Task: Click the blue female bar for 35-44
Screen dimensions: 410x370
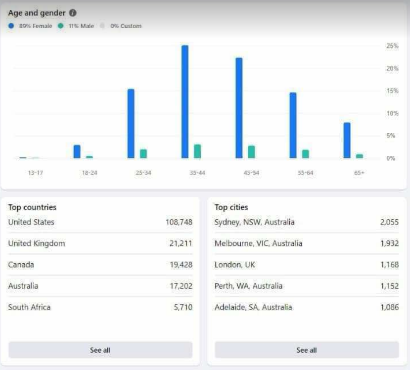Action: [x=185, y=102]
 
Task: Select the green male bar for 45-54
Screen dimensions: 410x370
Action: [x=252, y=152]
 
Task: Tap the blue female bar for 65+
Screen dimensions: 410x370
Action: [x=347, y=140]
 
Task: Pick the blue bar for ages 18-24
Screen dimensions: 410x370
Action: [x=77, y=151]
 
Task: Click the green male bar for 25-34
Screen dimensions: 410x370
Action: [x=143, y=154]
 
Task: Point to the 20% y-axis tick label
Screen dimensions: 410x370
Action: [x=392, y=68]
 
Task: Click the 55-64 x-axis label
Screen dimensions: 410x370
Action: [x=306, y=173]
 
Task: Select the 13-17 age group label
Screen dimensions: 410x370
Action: [x=36, y=173]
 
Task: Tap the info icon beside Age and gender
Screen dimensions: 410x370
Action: [x=73, y=13]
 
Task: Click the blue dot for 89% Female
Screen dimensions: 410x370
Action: [x=11, y=26]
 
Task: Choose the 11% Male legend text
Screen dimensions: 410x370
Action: [x=81, y=26]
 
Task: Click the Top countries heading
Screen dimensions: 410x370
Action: [x=32, y=207]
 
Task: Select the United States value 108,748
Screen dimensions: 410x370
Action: [x=179, y=222]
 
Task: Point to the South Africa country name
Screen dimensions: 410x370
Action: [x=29, y=307]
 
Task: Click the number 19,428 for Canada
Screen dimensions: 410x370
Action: [x=181, y=265]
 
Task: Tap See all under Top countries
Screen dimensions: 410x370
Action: [x=100, y=350]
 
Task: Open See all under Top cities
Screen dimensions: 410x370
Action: [x=307, y=350]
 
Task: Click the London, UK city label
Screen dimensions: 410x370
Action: [x=234, y=265]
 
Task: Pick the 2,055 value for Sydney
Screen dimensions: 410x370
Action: [x=389, y=222]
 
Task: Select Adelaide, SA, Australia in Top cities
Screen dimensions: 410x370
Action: [x=253, y=307]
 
